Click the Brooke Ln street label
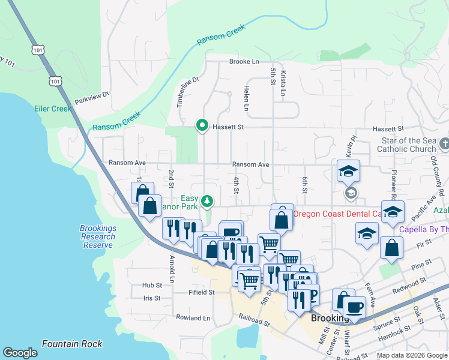click(x=244, y=62)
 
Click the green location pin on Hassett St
click(x=202, y=126)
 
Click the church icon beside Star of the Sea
click(x=444, y=144)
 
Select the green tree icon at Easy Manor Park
click(x=206, y=200)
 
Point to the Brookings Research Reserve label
click(x=97, y=236)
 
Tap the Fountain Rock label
click(x=72, y=344)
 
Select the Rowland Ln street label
click(x=194, y=318)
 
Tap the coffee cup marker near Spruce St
click(x=354, y=308)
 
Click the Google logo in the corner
click(x=20, y=353)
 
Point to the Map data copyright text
click(x=411, y=355)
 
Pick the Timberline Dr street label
click(x=187, y=92)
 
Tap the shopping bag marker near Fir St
click(x=391, y=248)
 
